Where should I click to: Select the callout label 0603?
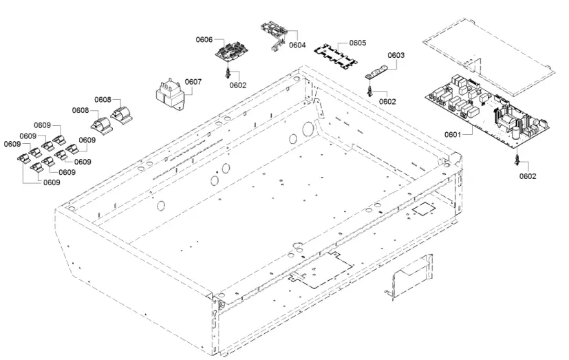(x=396, y=55)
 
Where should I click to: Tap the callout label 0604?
(x=297, y=45)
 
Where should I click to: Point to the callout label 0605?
(x=357, y=43)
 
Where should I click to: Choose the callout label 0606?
(x=204, y=40)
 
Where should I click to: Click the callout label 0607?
(x=193, y=82)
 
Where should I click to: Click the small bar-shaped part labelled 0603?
(x=376, y=72)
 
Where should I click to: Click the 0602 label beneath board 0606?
(x=238, y=85)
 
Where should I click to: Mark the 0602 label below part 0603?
(x=387, y=101)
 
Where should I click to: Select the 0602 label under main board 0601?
(x=528, y=176)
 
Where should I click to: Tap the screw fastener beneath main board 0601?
(x=516, y=160)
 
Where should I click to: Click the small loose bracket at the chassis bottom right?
(x=409, y=275)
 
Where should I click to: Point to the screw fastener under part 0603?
(x=370, y=90)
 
